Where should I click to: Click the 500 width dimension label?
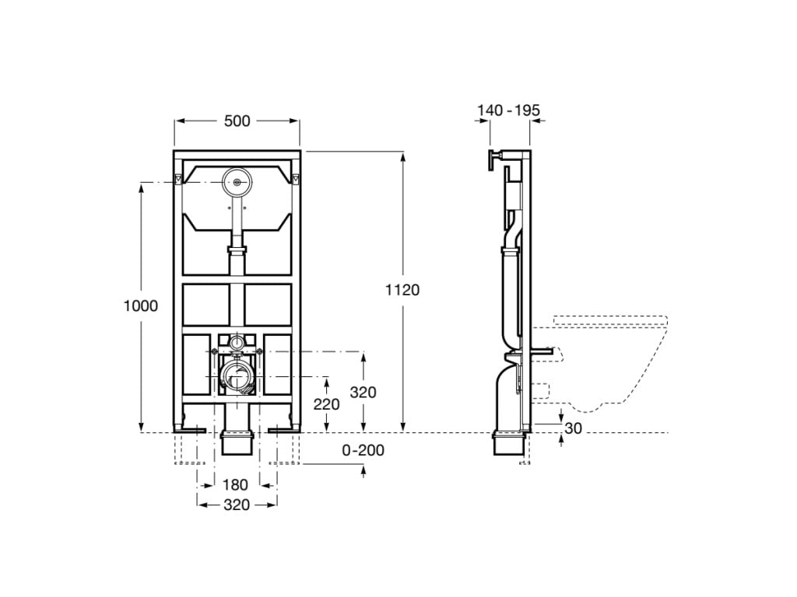pyautogui.click(x=237, y=120)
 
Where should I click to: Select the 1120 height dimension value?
pyautogui.click(x=402, y=290)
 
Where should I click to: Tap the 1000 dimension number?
pyautogui.click(x=141, y=305)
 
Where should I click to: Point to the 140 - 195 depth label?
pyautogui.click(x=508, y=110)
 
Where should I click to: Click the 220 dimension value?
pyautogui.click(x=326, y=404)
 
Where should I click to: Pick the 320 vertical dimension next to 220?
pyautogui.click(x=363, y=392)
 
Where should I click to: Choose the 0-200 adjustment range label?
pyautogui.click(x=363, y=450)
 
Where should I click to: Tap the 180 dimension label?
pyautogui.click(x=235, y=485)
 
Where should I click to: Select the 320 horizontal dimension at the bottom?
pyautogui.click(x=237, y=504)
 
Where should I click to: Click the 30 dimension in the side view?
pyautogui.click(x=573, y=428)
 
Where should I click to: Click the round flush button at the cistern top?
pyautogui.click(x=237, y=182)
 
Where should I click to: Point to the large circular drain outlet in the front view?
pyautogui.click(x=237, y=377)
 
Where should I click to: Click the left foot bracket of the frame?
pyautogui.click(x=190, y=431)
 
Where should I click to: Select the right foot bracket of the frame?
pyautogui.click(x=283, y=431)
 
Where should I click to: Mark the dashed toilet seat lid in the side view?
pyautogui.click(x=610, y=321)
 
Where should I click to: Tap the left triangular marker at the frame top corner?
pyautogui.click(x=178, y=180)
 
